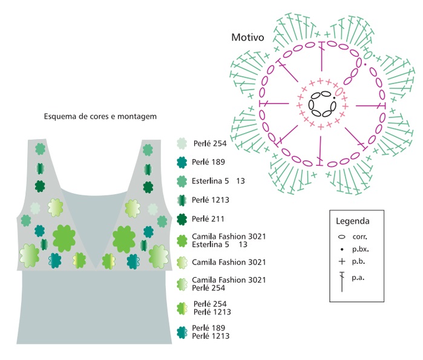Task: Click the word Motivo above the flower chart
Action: pyautogui.click(x=248, y=38)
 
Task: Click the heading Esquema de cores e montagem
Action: pyautogui.click(x=100, y=116)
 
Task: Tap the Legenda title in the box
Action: pyautogui.click(x=352, y=221)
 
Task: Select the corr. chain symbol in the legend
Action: pyautogui.click(x=341, y=237)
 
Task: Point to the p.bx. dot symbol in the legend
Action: pyautogui.click(x=342, y=249)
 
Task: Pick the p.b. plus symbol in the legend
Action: pyautogui.click(x=342, y=261)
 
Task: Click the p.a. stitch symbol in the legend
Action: pyautogui.click(x=342, y=282)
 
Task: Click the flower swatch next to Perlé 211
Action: pyautogui.click(x=182, y=219)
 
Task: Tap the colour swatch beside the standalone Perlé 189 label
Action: pyautogui.click(x=182, y=162)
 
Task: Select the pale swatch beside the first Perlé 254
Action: pyautogui.click(x=182, y=143)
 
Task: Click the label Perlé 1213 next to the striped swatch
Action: pyautogui.click(x=211, y=200)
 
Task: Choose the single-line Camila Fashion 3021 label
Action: pyautogui.click(x=229, y=262)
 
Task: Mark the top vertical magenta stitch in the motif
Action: pyautogui.click(x=321, y=56)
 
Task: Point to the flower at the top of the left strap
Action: pyautogui.click(x=40, y=149)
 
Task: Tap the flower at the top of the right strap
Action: pyautogui.click(x=148, y=149)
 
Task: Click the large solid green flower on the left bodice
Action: pyautogui.click(x=64, y=238)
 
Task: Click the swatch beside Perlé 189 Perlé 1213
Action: pyautogui.click(x=182, y=332)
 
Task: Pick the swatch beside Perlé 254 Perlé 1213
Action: pyautogui.click(x=182, y=309)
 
